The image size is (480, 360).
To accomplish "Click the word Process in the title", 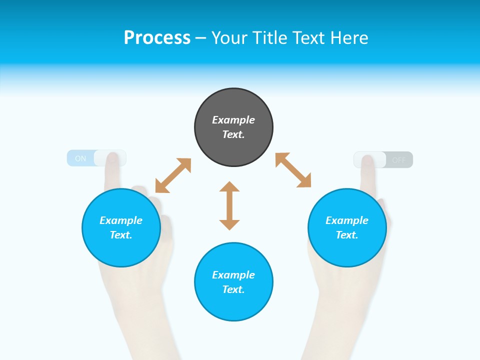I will [157, 38].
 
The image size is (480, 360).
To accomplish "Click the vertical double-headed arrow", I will [229, 205].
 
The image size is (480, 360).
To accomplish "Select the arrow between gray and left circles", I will [173, 175].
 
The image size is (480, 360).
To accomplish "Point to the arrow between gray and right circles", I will [293, 170].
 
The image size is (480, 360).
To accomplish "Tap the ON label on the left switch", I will [80, 158].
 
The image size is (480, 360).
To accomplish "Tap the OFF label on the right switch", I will [399, 160].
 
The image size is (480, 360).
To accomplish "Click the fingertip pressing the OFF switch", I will [368, 160].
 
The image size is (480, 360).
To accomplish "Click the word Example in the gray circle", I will [233, 120].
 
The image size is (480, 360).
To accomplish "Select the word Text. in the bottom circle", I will [233, 289].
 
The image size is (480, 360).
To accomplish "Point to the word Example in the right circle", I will [347, 220].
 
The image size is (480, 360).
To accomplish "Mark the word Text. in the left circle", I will [121, 235].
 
